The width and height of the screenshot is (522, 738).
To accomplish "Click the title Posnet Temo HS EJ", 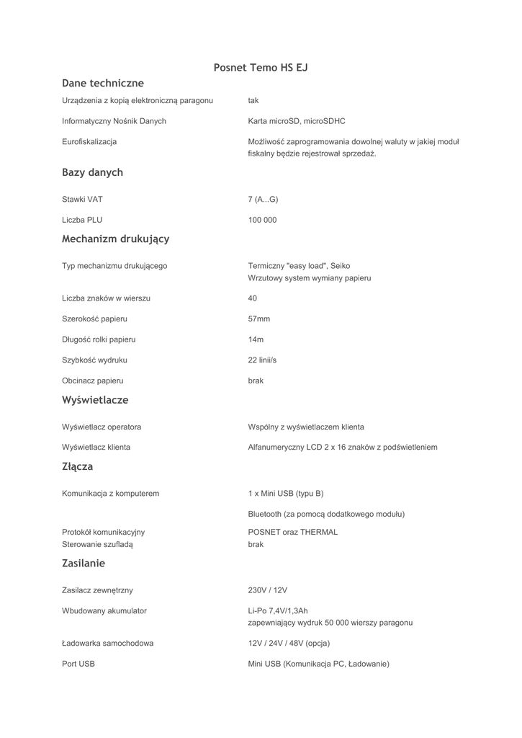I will point(261,68).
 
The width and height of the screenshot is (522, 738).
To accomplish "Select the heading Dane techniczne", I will point(103,84).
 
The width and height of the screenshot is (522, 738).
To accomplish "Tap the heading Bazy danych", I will point(92,172).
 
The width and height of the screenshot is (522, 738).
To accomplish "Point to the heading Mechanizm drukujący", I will point(115,239).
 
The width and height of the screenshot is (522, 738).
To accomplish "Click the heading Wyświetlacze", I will point(95,399).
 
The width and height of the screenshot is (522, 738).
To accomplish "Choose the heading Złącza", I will point(77,466).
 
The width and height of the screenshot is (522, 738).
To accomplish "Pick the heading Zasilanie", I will point(84,563).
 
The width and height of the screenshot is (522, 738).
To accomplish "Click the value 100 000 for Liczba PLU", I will point(262,220).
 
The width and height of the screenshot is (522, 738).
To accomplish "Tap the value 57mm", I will point(259,319).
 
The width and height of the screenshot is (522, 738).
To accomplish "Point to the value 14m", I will point(256,339).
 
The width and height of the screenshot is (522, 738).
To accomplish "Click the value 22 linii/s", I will point(262,360).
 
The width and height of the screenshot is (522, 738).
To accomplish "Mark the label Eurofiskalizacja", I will point(89,142).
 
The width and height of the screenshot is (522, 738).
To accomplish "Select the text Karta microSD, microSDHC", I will point(296,121).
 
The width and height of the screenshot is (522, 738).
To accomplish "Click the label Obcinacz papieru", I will point(93,381).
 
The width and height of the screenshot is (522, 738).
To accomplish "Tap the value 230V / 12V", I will point(268,590).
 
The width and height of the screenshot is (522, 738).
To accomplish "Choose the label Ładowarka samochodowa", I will point(107,643).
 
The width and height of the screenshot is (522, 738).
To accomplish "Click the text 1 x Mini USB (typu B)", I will point(286,494).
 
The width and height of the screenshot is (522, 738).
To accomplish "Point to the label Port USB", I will point(78,664).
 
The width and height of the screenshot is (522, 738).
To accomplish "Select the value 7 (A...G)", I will point(263,199).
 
